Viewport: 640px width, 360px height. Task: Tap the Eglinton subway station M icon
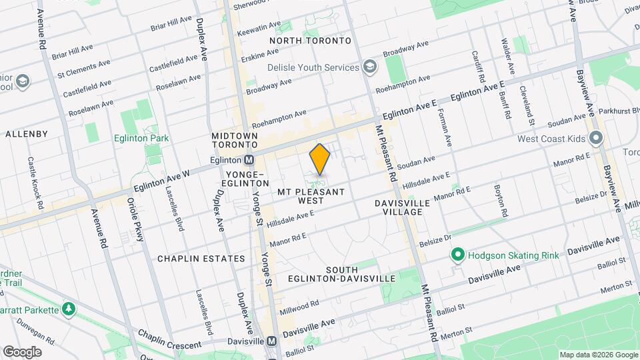[x=249, y=160]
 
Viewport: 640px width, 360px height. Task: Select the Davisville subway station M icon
[x=271, y=341]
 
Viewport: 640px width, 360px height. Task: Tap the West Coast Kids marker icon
[x=596, y=139]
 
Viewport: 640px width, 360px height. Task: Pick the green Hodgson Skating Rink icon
[x=458, y=254]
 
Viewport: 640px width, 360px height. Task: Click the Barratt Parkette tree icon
[x=68, y=309]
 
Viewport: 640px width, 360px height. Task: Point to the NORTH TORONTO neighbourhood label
[x=310, y=41]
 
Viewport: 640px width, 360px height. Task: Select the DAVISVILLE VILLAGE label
[x=398, y=207]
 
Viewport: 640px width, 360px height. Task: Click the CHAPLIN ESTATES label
[x=192, y=258]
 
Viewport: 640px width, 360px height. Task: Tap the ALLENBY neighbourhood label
[x=27, y=134]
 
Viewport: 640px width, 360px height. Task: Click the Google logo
[x=22, y=352]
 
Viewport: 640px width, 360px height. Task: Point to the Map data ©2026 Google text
[x=597, y=355]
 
